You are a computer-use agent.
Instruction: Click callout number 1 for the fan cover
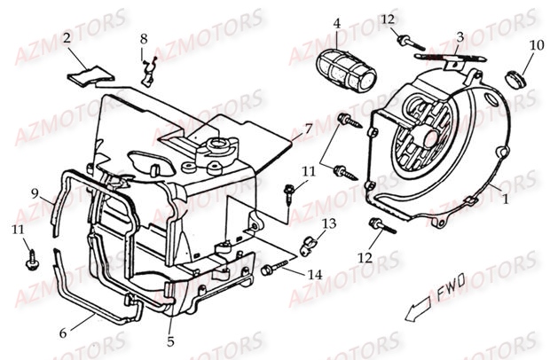pos(506,200)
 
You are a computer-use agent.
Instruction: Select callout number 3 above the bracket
pos(460,36)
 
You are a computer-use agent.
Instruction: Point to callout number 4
pos(336,23)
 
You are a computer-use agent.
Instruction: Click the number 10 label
pos(536,45)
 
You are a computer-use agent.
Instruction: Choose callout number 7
pos(307,129)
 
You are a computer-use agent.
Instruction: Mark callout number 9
pos(35,193)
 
